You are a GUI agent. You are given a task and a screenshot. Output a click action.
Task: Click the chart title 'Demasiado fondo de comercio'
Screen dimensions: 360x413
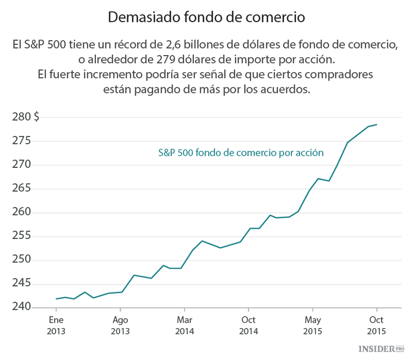pos(206,17)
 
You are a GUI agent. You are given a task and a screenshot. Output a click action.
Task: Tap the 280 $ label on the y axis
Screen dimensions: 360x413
pos(25,117)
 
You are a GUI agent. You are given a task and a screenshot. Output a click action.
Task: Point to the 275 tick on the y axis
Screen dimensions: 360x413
pos(21,141)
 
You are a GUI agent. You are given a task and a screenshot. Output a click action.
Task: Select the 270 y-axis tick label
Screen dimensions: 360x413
pos(21,165)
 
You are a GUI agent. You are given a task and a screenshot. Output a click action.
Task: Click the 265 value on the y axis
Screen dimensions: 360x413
pos(21,188)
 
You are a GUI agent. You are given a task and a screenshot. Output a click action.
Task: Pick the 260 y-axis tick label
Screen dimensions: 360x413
pos(21,212)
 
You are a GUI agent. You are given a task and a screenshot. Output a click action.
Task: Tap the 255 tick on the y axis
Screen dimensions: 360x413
pos(21,236)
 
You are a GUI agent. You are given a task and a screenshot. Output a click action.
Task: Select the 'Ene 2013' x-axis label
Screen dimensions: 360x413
pos(56,325)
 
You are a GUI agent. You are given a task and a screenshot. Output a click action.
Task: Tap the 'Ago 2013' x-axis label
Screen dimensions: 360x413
pos(120,325)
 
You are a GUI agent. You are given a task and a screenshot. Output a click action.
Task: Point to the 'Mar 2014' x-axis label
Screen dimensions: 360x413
pos(184,325)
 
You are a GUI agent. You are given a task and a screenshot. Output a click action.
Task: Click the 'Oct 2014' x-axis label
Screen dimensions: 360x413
pos(248,325)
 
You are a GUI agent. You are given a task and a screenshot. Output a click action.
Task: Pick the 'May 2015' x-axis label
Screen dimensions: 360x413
pos(312,325)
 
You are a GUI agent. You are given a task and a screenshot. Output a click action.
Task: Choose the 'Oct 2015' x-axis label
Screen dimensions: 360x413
pos(377,325)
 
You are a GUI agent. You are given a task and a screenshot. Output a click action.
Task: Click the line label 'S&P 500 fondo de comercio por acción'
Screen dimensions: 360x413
pos(241,152)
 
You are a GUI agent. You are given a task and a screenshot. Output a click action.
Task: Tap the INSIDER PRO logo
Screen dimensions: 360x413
pos(381,349)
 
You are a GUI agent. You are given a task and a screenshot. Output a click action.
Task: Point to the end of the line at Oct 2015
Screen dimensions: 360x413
pos(377,124)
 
